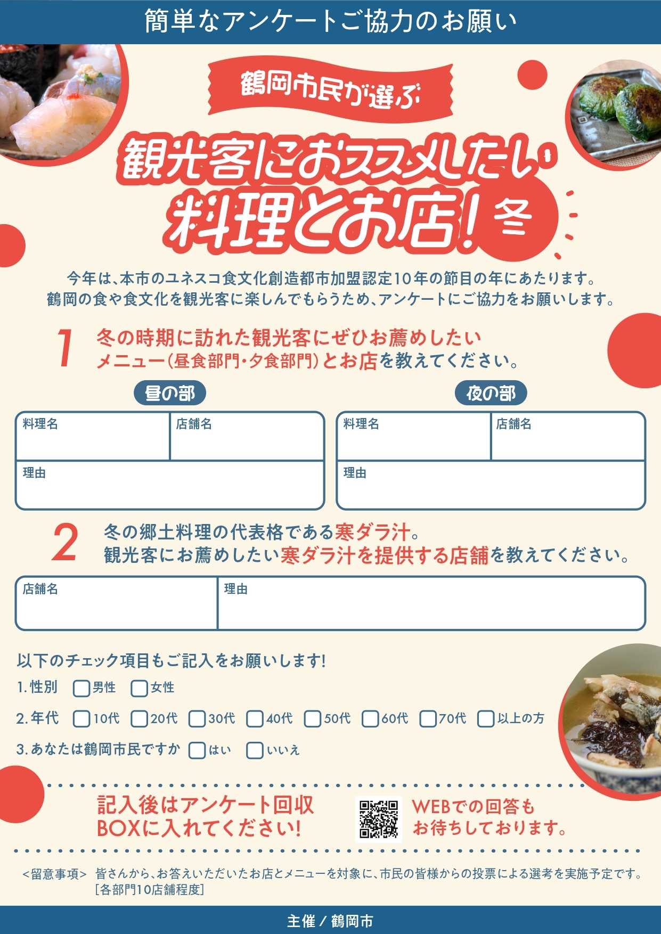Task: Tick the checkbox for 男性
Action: pyautogui.click(x=81, y=688)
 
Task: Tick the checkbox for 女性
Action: pyautogui.click(x=139, y=688)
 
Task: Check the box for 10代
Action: pyautogui.click(x=81, y=719)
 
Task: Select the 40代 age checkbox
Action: pyautogui.click(x=255, y=719)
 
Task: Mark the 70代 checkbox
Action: pyautogui.click(x=428, y=719)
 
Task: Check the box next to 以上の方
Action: pyautogui.click(x=486, y=719)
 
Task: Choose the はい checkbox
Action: pyautogui.click(x=197, y=750)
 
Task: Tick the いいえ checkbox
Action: pyautogui.click(x=255, y=750)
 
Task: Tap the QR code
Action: pyautogui.click(x=379, y=819)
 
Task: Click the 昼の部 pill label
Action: pyautogui.click(x=170, y=394)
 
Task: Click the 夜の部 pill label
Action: pyautogui.click(x=491, y=394)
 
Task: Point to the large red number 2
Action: pyautogui.click(x=65, y=543)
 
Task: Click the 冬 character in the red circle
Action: pyautogui.click(x=513, y=217)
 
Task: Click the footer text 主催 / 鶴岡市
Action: pyautogui.click(x=330, y=921)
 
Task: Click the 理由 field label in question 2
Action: pyautogui.click(x=235, y=589)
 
